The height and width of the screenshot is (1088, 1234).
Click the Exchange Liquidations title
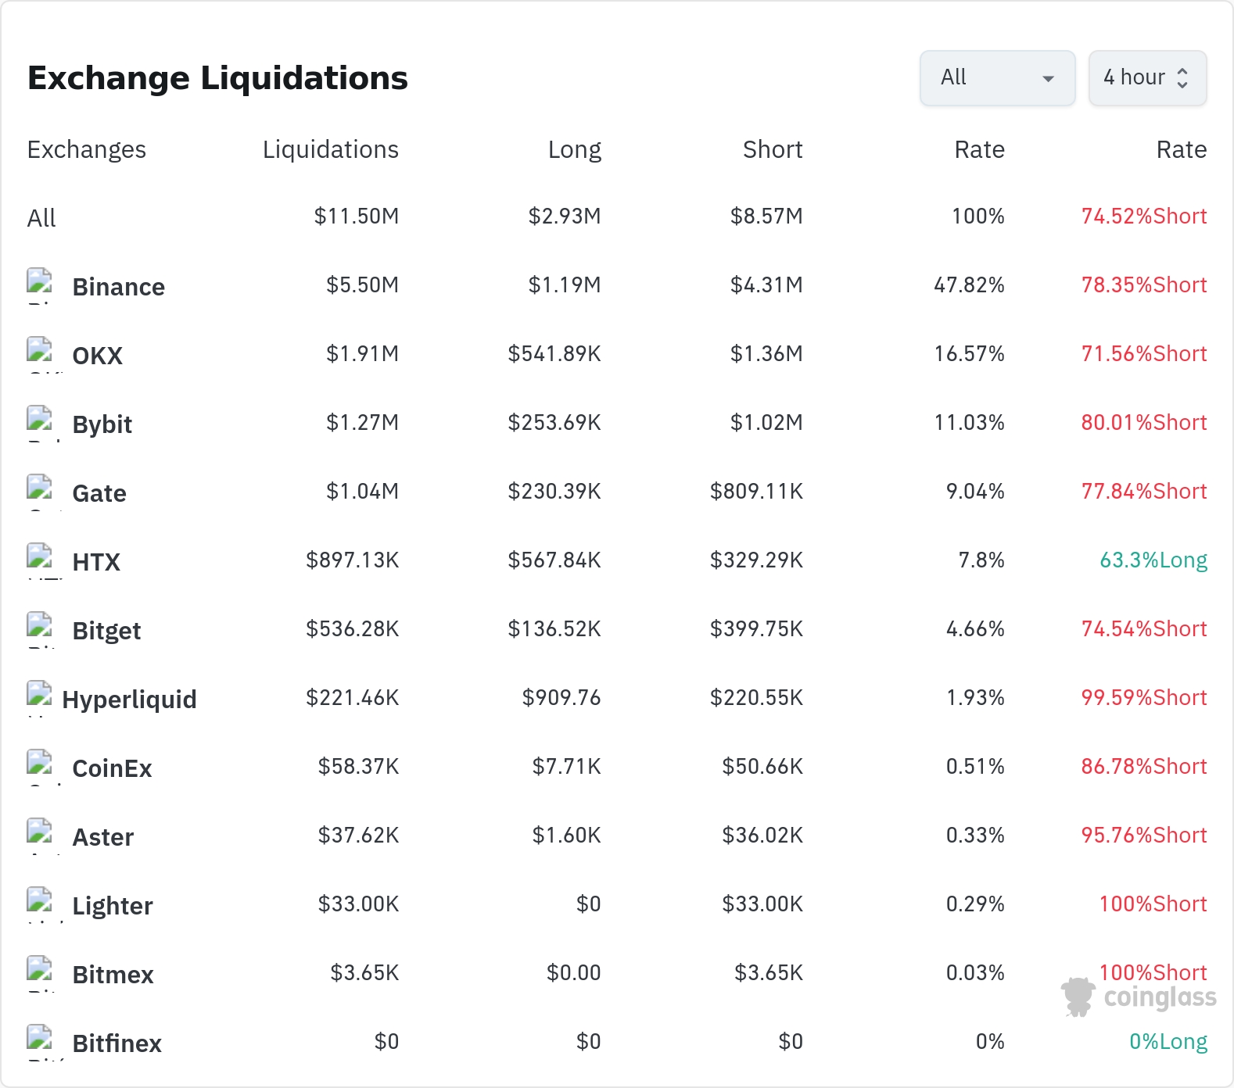pos(217,78)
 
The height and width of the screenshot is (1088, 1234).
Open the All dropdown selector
pos(997,78)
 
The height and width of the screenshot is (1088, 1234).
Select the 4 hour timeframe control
pos(1147,78)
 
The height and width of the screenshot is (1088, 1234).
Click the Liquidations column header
pos(331,149)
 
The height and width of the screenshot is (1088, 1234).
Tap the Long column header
pos(575,149)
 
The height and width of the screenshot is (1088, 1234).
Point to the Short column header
pos(773,149)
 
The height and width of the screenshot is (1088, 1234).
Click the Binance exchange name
pos(119,287)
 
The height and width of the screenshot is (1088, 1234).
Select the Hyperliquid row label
pos(129,700)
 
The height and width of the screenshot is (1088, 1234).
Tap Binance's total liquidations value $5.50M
pos(362,285)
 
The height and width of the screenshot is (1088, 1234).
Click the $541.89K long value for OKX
pos(554,354)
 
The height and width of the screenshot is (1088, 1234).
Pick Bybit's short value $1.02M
pos(766,423)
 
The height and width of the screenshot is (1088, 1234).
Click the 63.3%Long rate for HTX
pos(1153,560)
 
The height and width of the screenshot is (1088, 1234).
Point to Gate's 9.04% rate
pos(975,492)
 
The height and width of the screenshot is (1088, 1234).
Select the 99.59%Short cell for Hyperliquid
pos(1144,698)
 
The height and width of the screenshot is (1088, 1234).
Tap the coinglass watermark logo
pos(1139,997)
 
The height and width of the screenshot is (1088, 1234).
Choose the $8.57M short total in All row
pos(766,217)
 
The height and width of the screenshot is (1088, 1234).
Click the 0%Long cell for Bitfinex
pos(1168,1042)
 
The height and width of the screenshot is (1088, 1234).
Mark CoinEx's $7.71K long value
pos(566,767)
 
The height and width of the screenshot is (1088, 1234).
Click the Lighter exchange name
pos(113,907)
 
